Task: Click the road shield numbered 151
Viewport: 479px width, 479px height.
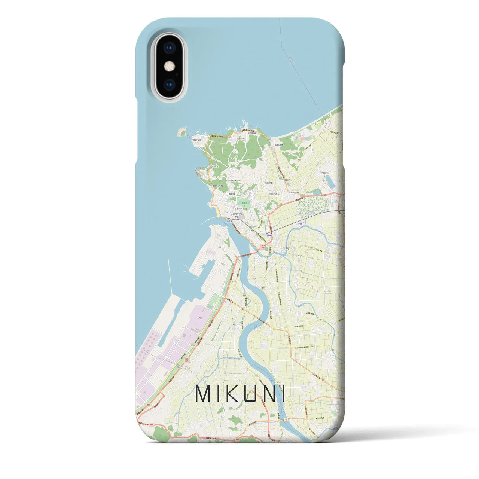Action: coord(265,215)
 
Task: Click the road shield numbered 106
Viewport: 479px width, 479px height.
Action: coord(311,347)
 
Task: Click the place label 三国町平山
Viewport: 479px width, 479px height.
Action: coord(286,180)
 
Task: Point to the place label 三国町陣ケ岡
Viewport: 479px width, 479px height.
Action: coord(239,180)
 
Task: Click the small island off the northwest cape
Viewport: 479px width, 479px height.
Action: coord(182,132)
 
